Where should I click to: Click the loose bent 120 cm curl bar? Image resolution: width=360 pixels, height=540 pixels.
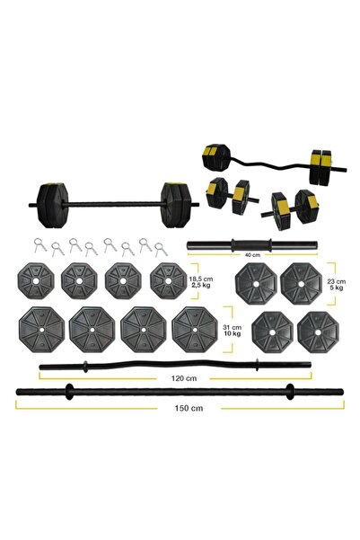tap(171, 366)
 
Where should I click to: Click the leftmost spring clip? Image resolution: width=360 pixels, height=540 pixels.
tap(34, 243)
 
